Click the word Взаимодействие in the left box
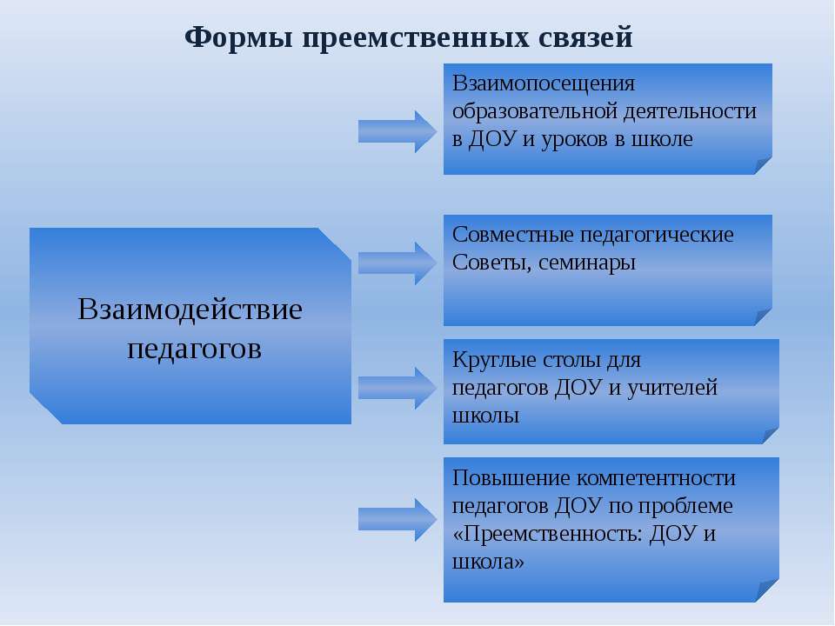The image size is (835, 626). (x=190, y=310)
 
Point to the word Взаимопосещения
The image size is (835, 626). (x=544, y=84)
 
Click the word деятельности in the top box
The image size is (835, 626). (x=690, y=112)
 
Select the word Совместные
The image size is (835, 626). (x=512, y=235)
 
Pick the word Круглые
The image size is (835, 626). (x=494, y=360)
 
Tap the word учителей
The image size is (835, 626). (x=672, y=388)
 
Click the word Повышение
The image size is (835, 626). (x=511, y=478)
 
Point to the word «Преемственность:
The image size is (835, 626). (x=547, y=533)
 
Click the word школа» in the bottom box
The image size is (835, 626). (x=488, y=562)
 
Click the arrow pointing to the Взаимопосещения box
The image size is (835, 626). (x=397, y=131)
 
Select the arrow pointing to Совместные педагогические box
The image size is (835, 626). (x=397, y=263)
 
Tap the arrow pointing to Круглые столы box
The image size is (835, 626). (x=397, y=388)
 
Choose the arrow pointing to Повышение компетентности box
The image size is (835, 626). (x=397, y=520)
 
